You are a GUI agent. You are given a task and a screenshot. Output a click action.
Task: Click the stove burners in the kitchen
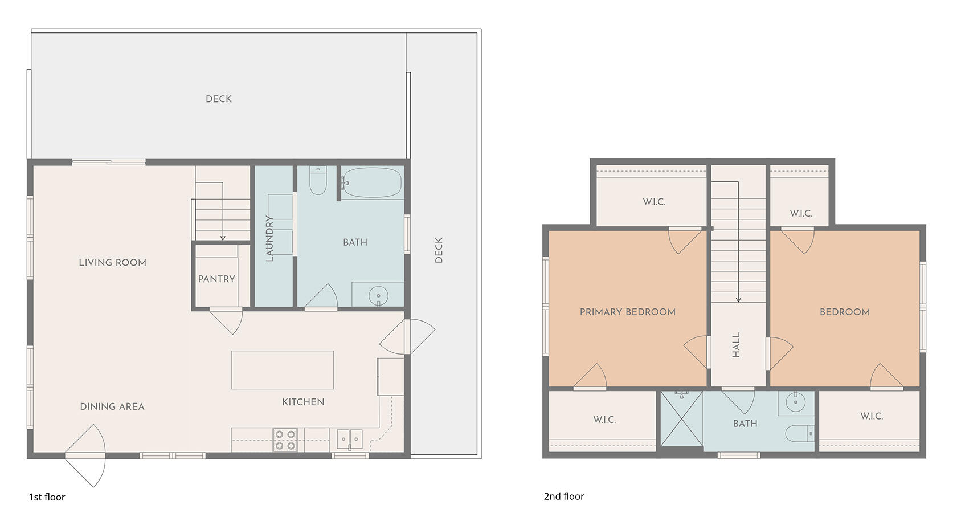click(285, 440)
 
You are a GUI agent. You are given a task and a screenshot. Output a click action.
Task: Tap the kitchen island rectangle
click(282, 370)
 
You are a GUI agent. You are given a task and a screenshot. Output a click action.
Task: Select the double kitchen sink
click(349, 439)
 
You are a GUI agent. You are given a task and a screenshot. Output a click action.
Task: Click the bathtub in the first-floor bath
click(371, 182)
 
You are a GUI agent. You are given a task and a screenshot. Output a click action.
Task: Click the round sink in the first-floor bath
click(378, 296)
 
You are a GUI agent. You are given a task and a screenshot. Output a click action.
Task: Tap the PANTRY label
click(216, 279)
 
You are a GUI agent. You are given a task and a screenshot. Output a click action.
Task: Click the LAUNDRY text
click(269, 238)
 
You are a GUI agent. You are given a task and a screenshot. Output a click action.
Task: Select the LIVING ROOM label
click(112, 263)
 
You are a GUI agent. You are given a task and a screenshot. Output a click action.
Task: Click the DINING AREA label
click(112, 406)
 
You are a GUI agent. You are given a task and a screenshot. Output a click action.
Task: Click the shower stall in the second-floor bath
click(681, 421)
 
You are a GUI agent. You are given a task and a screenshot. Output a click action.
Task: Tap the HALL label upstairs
click(736, 345)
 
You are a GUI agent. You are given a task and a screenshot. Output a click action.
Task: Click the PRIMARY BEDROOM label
click(627, 312)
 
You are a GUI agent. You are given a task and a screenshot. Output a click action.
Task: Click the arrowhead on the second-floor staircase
click(738, 299)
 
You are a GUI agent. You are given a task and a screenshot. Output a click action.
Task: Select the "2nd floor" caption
click(563, 496)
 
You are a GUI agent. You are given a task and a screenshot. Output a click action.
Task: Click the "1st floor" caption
click(47, 497)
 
